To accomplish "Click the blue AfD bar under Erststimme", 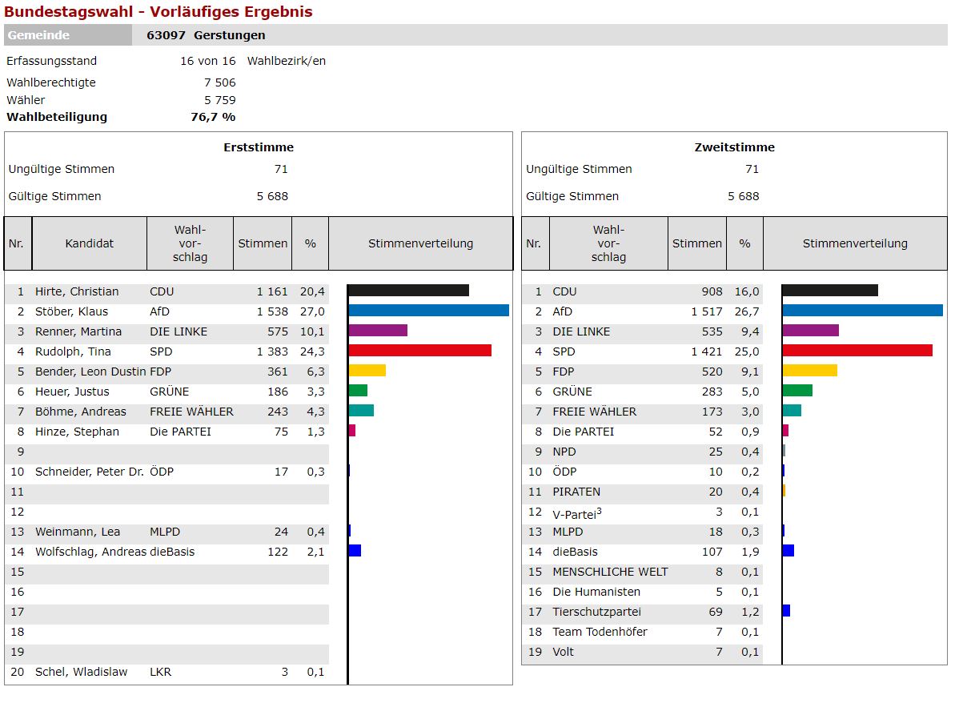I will click(428, 311).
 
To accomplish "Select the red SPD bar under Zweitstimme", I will click(857, 351).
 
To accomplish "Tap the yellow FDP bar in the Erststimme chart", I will click(367, 371).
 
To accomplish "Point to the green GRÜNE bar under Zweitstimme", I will click(796, 391).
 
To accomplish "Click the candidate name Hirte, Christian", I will click(77, 291).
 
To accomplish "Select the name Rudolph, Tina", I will click(73, 351).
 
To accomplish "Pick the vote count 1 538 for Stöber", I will click(272, 311).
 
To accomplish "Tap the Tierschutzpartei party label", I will click(596, 612).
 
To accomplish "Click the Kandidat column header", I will click(89, 243).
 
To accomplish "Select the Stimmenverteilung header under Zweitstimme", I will click(855, 243).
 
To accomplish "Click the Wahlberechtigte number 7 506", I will click(219, 82).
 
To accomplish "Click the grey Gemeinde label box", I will click(68, 35).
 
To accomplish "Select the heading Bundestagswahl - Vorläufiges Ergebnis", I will click(158, 12).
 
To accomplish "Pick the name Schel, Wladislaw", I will click(81, 672).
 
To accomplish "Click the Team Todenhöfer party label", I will click(600, 632).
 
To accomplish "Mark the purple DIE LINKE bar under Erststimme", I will click(378, 331).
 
